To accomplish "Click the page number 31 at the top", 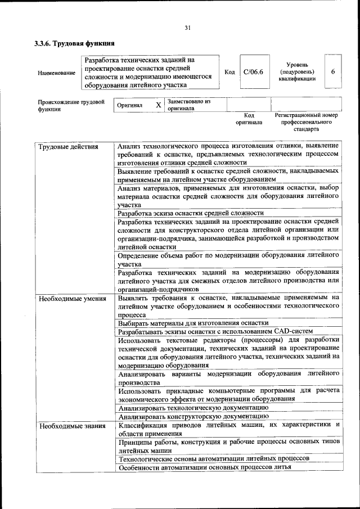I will pos(188,28).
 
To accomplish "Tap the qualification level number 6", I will pos(333,72).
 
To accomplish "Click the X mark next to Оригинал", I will pos(158,105).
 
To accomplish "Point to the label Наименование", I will pos(56,73).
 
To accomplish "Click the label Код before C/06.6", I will pos(229,72).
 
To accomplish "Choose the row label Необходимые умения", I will pos(72,298).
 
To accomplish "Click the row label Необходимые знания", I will pos(71,426).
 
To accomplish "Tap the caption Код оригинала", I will pos(249,118).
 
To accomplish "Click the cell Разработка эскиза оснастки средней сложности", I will pos(191,213).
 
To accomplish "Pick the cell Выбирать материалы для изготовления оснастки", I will pos(193,323).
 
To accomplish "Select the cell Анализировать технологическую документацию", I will pos(193,407).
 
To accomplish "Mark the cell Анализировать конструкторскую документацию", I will pos(193,416).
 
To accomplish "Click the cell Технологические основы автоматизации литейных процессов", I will pos(214,459).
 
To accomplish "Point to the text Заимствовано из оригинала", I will pos(188,105).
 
